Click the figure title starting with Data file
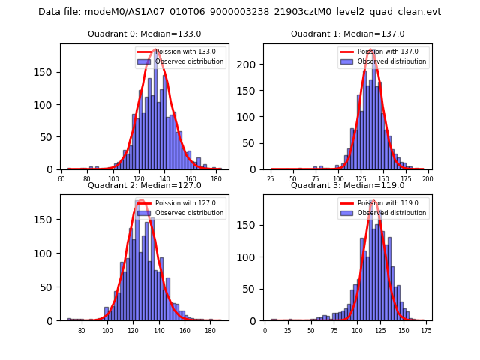239,12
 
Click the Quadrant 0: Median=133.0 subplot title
145,34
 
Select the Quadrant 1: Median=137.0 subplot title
347,34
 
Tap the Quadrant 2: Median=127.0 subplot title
145,185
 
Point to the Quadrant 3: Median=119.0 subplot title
347,185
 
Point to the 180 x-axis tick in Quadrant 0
216,180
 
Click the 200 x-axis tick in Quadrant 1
428,180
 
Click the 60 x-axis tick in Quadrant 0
62,180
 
